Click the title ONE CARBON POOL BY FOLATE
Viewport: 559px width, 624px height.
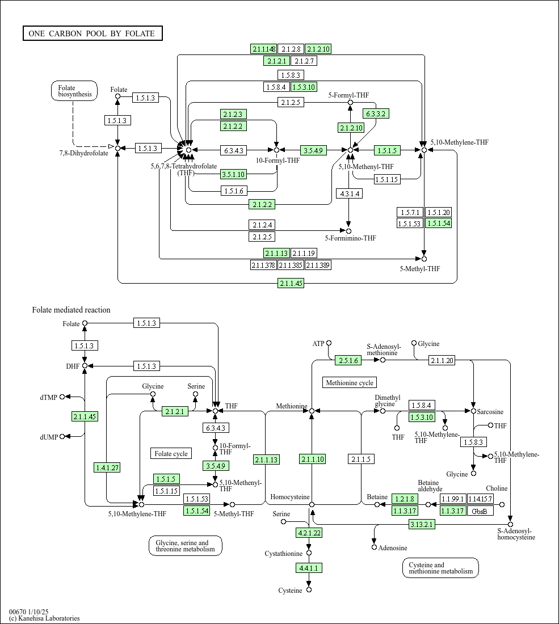click(93, 33)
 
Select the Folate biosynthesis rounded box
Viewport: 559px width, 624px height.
click(74, 91)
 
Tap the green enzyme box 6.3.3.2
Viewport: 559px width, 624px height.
click(376, 113)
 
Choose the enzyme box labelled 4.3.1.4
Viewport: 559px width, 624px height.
click(348, 193)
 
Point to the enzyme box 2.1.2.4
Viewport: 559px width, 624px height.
click(262, 225)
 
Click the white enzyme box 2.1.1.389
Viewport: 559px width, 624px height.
click(318, 265)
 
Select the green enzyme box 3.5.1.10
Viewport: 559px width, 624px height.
click(234, 174)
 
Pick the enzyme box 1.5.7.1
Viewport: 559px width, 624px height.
click(410, 212)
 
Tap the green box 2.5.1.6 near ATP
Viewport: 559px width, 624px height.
click(348, 360)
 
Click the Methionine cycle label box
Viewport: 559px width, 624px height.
click(350, 383)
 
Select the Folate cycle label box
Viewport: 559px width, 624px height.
click(171, 453)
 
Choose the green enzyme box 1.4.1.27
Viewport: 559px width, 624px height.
click(107, 467)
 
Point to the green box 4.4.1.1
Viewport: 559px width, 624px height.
click(309, 567)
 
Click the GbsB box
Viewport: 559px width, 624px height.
click(480, 511)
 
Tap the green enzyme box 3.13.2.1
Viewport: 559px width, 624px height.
click(422, 525)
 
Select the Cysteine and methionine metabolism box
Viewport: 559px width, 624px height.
click(440, 568)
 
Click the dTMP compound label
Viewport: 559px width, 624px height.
click(49, 397)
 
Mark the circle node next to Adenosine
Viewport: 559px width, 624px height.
click(374, 547)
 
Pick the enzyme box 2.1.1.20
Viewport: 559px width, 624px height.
click(442, 360)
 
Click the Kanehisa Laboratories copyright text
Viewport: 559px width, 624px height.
click(44, 618)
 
